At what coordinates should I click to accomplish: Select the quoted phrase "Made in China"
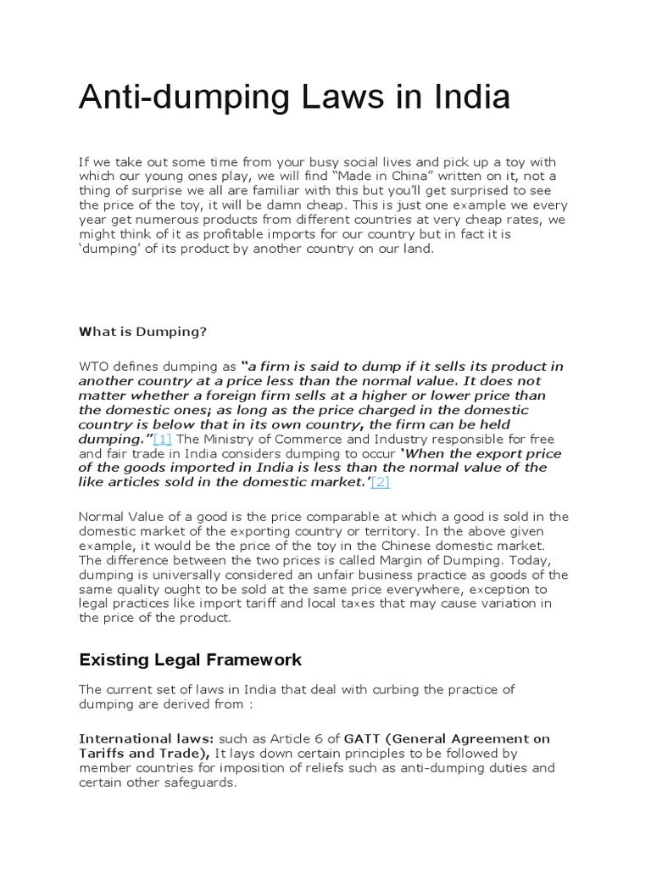(381, 176)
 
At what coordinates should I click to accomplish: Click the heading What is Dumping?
(142, 332)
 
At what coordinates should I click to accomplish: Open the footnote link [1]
(163, 439)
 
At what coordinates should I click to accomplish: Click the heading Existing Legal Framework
(190, 659)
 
